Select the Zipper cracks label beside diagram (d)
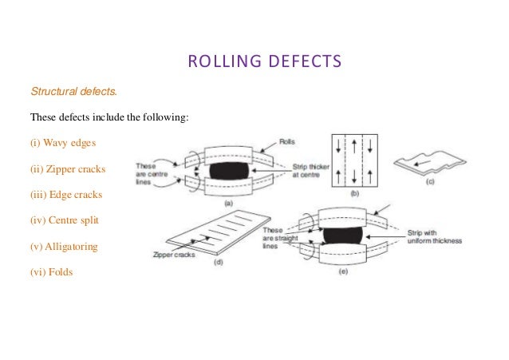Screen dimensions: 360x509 pos(173,255)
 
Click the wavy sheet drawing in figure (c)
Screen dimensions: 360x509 pos(436,165)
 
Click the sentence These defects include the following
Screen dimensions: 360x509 pos(109,117)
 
